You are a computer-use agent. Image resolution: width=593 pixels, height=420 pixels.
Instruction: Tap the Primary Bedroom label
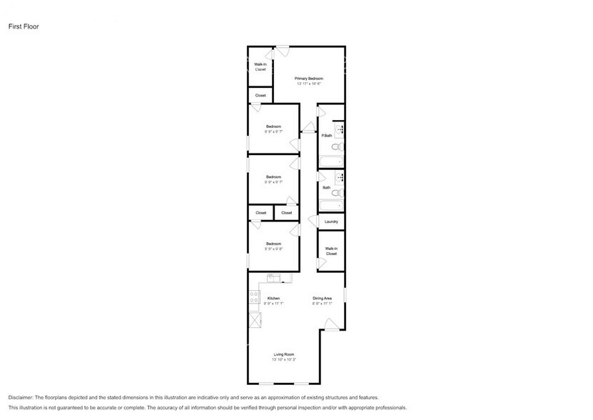point(309,78)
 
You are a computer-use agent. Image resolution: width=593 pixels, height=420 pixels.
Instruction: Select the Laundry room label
point(331,221)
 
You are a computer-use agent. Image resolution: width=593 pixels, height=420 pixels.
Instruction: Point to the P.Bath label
point(326,136)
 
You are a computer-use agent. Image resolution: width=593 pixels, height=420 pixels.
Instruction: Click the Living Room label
point(284,354)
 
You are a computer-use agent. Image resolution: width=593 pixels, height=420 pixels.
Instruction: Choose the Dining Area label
point(322,298)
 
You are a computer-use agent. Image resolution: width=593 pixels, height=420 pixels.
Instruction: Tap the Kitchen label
point(273,298)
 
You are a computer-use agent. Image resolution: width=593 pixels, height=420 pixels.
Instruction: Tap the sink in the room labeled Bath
point(340,176)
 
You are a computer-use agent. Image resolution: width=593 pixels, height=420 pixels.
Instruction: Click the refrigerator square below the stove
point(253,319)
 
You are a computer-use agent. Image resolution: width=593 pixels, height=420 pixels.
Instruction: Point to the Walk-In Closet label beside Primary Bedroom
point(260,67)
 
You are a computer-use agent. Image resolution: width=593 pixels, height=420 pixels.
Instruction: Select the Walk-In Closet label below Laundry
point(331,251)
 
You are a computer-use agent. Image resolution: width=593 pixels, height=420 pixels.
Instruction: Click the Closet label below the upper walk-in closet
point(260,95)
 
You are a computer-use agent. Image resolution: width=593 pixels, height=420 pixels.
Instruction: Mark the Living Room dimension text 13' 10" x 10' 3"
point(284,359)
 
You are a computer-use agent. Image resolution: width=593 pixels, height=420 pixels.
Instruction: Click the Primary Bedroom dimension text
point(309,84)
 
